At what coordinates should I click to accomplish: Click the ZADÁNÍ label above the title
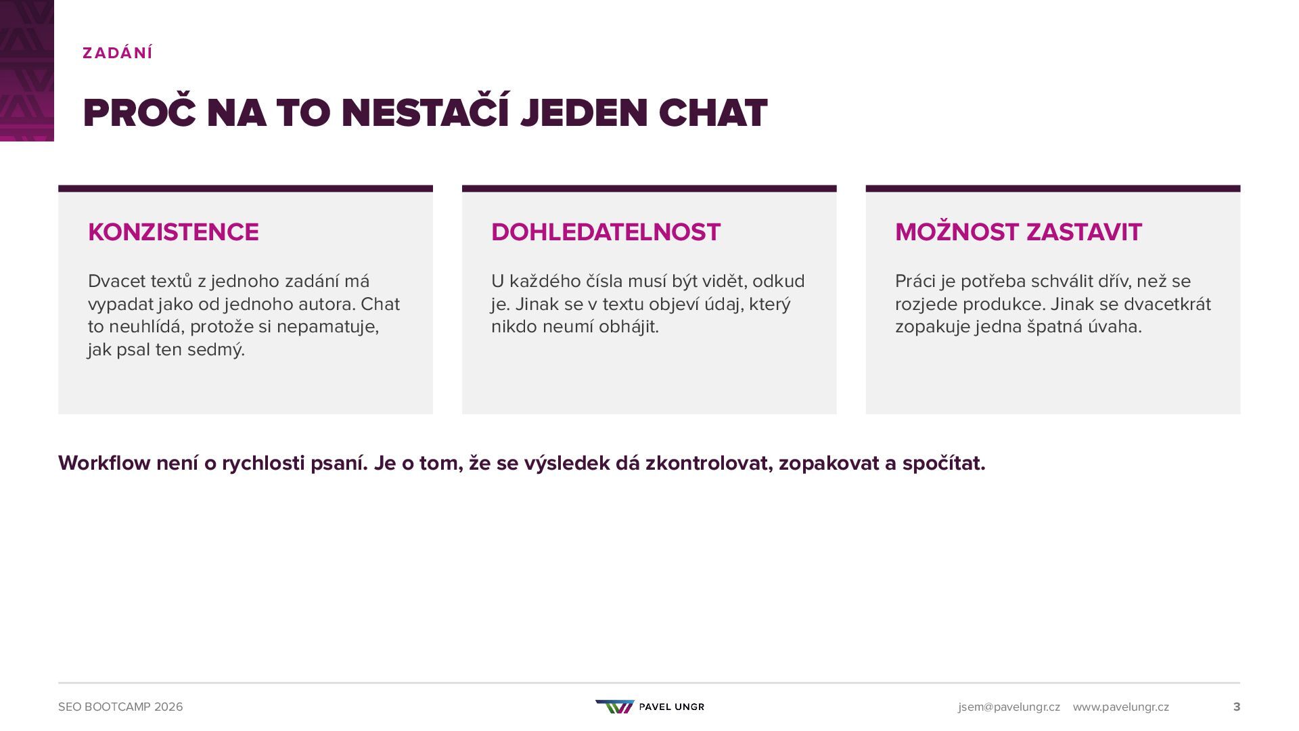click(x=118, y=53)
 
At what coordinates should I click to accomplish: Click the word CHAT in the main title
click(x=713, y=112)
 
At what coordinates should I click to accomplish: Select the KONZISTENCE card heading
click(x=173, y=232)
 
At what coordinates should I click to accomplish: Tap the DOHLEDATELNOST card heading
click(x=606, y=232)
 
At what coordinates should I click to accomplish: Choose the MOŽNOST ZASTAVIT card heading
click(x=1018, y=232)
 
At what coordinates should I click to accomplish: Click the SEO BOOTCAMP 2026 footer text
click(x=120, y=707)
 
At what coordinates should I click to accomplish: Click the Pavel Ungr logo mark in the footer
click(x=615, y=707)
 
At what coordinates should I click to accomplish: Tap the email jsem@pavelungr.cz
click(x=1009, y=707)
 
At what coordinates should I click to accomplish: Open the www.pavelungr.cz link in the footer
click(x=1120, y=707)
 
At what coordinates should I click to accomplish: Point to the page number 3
click(x=1237, y=707)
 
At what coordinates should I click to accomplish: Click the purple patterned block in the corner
click(x=27, y=70)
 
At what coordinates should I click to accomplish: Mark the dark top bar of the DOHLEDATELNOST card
click(x=649, y=189)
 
